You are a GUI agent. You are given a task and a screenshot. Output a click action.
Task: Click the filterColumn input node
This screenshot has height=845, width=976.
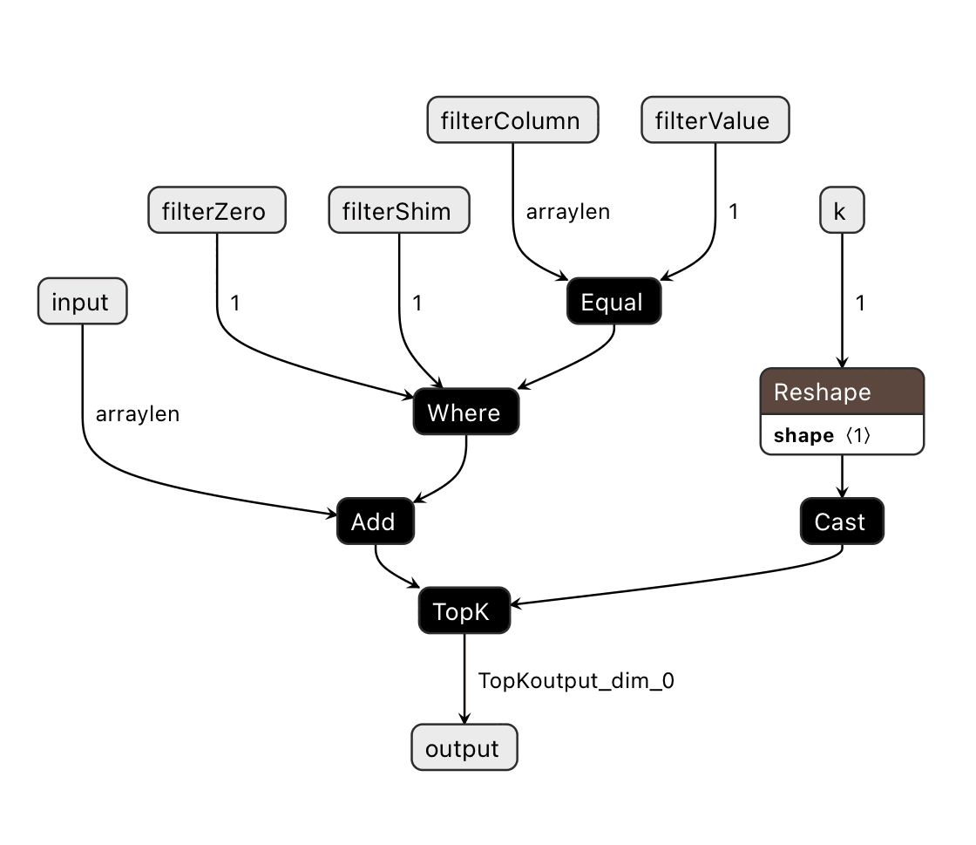coord(512,119)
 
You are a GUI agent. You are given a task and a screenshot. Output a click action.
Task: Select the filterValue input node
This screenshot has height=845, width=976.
coord(715,119)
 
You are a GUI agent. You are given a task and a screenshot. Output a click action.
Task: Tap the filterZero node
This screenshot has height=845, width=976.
coord(216,210)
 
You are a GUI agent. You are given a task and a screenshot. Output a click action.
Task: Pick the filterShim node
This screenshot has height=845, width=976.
coord(399,210)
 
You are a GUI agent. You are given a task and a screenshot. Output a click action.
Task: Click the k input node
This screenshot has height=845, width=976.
coord(842,210)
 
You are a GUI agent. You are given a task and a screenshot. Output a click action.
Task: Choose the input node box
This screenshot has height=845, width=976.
coord(82,302)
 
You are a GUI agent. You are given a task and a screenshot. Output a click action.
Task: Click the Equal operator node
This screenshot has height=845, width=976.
coord(613,302)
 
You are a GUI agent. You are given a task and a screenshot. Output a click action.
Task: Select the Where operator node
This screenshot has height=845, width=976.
coord(465,412)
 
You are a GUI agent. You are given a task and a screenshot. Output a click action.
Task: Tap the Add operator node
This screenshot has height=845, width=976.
coord(375,521)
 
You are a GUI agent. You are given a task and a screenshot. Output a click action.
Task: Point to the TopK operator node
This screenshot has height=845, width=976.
coord(464,610)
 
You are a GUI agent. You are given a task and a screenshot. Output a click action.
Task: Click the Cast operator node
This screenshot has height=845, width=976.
coord(842,521)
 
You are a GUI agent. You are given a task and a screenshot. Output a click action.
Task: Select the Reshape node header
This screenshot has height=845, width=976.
coord(842,392)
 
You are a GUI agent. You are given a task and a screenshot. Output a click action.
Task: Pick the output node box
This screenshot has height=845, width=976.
coord(464,748)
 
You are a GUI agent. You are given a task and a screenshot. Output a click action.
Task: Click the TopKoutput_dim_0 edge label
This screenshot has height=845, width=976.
coord(576,681)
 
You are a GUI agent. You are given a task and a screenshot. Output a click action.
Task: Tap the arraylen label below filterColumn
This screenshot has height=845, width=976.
coord(568,212)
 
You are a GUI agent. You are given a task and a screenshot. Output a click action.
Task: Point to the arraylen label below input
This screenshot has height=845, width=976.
coord(138,414)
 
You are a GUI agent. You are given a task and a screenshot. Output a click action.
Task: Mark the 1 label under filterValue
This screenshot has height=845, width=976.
coord(734,212)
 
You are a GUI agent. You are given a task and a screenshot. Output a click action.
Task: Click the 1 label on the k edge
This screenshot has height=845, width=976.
coord(861,303)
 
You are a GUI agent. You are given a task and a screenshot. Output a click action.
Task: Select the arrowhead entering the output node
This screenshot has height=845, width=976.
coord(464,719)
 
